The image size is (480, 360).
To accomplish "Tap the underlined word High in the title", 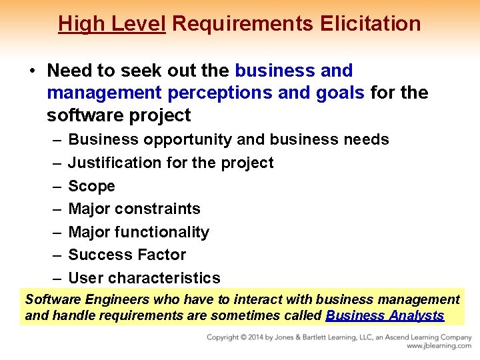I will point(77,24).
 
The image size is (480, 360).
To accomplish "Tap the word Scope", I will point(91,186).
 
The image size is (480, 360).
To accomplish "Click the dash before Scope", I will point(54,186).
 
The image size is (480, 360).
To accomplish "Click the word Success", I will point(98,255).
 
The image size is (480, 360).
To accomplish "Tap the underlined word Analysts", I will point(415,316).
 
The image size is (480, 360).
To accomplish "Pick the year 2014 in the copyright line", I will point(265,338).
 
